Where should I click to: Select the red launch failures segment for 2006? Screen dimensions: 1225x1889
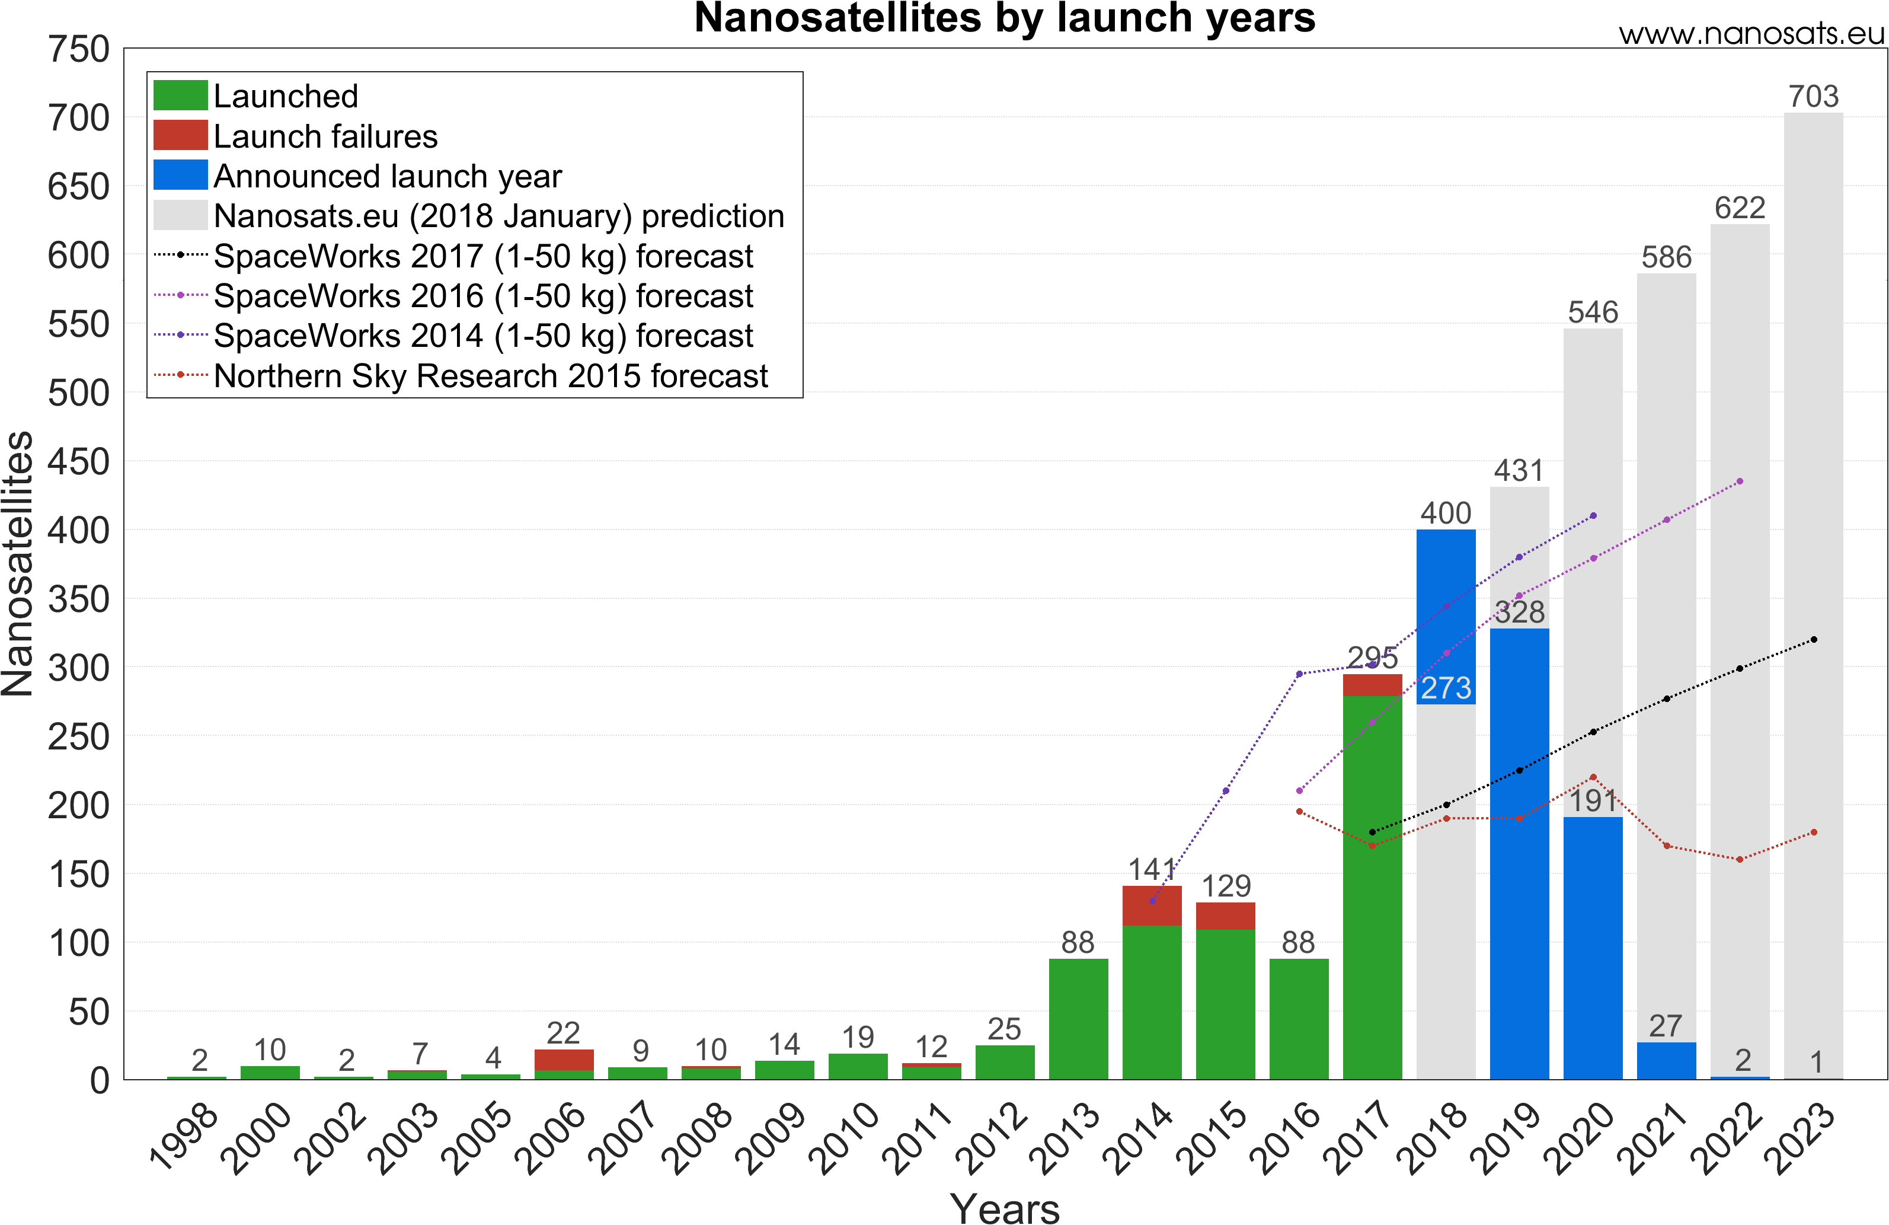tap(564, 1059)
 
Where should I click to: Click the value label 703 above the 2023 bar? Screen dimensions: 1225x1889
tap(1814, 97)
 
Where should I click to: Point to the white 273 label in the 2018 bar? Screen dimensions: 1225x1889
tap(1445, 688)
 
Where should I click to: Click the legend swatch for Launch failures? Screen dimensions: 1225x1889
tap(180, 136)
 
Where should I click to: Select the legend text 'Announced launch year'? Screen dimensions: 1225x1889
tap(387, 176)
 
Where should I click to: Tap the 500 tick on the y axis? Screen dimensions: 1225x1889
tap(79, 393)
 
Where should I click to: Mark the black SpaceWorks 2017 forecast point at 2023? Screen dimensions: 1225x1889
tap(1814, 640)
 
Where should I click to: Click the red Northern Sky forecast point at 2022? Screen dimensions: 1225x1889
tap(1740, 860)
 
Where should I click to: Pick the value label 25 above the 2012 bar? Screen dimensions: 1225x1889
tap(1004, 1029)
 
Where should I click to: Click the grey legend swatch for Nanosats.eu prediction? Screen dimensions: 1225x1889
tap(180, 215)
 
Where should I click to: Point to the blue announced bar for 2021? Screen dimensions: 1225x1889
tap(1666, 1061)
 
